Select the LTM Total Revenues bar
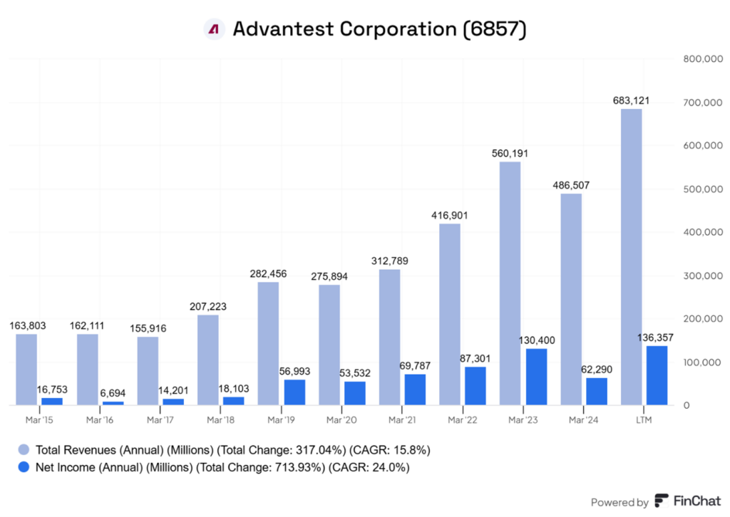[631, 257]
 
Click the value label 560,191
[510, 153]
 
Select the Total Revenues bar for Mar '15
[26, 370]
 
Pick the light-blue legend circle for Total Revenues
[24, 450]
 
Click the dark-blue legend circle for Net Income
[24, 468]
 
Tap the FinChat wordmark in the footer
[699, 501]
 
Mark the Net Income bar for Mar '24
[597, 391]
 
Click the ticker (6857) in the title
[494, 29]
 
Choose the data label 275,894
[329, 276]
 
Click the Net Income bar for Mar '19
[294, 392]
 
